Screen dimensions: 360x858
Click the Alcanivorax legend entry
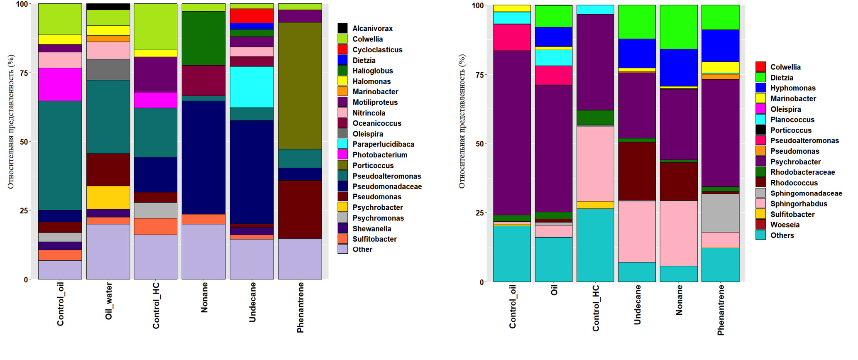pos(372,28)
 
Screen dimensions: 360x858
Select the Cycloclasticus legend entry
pos(377,50)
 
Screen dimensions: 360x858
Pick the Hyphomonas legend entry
pos(792,88)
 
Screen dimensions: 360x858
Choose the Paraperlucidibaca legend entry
pos(383,144)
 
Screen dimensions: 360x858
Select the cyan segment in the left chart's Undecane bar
pos(252,87)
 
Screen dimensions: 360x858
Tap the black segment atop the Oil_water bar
pos(108,7)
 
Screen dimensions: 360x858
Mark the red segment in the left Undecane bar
pos(252,16)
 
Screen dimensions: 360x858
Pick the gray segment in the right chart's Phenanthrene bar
pos(720,213)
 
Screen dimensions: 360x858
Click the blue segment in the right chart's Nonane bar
pos(679,68)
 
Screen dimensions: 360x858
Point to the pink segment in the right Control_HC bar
pos(595,164)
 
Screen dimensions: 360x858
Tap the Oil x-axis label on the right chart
pos(554,290)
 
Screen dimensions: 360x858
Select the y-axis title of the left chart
pos(11,121)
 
